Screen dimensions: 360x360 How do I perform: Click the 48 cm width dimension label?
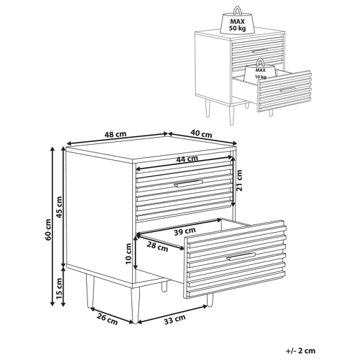[x=115, y=134]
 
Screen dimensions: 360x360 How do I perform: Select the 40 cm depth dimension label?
[x=201, y=134]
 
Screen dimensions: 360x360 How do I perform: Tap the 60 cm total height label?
[x=48, y=229]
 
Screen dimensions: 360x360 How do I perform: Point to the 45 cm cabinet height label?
[x=59, y=207]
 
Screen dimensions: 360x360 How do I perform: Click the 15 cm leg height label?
[x=59, y=289]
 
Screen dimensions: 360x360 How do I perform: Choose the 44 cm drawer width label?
[x=187, y=159]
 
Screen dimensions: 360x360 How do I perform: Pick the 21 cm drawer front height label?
[x=239, y=180]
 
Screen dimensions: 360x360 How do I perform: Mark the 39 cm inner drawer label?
[x=185, y=231]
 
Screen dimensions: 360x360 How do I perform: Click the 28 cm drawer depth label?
[x=157, y=246]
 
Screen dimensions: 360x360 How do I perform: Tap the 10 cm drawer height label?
[x=129, y=254]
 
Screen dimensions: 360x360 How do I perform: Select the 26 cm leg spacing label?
[x=107, y=319]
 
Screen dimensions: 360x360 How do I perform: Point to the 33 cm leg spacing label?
[x=175, y=319]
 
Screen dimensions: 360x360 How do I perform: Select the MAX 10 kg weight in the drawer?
[x=260, y=70]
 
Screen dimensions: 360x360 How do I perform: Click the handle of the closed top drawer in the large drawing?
[x=188, y=183]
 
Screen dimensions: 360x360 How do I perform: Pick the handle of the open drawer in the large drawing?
[x=241, y=257]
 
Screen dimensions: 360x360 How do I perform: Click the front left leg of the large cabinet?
[x=136, y=305]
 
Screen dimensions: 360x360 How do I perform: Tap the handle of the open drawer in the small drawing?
[x=287, y=89]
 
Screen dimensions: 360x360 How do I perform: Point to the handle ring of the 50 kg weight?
[x=238, y=10]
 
